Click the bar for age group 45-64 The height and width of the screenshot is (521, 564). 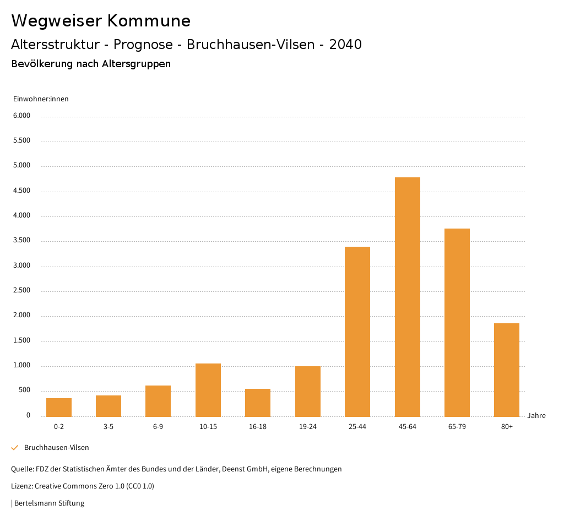407,297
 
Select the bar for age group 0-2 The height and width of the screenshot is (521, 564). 59,408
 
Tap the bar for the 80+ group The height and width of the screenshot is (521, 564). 507,370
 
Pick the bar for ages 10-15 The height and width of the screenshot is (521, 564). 208,390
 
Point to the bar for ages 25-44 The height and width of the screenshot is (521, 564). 357,332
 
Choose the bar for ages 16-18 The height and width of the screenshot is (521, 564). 258,403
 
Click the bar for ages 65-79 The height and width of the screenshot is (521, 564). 457,323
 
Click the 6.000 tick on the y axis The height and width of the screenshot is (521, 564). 22,116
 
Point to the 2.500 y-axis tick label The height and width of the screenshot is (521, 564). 22,290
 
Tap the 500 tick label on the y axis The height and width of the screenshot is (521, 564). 25,390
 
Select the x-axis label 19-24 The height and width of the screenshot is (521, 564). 307,427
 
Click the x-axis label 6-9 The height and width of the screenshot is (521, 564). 158,427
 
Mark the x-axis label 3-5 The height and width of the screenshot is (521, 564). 109,427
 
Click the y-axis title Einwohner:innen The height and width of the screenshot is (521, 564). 41,99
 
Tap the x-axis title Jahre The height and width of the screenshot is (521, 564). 536,416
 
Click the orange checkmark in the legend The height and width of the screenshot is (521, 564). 15,448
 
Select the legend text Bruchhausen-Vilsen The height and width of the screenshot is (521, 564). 57,448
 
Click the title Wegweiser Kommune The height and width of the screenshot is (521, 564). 101,21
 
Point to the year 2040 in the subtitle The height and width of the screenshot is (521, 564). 345,45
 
